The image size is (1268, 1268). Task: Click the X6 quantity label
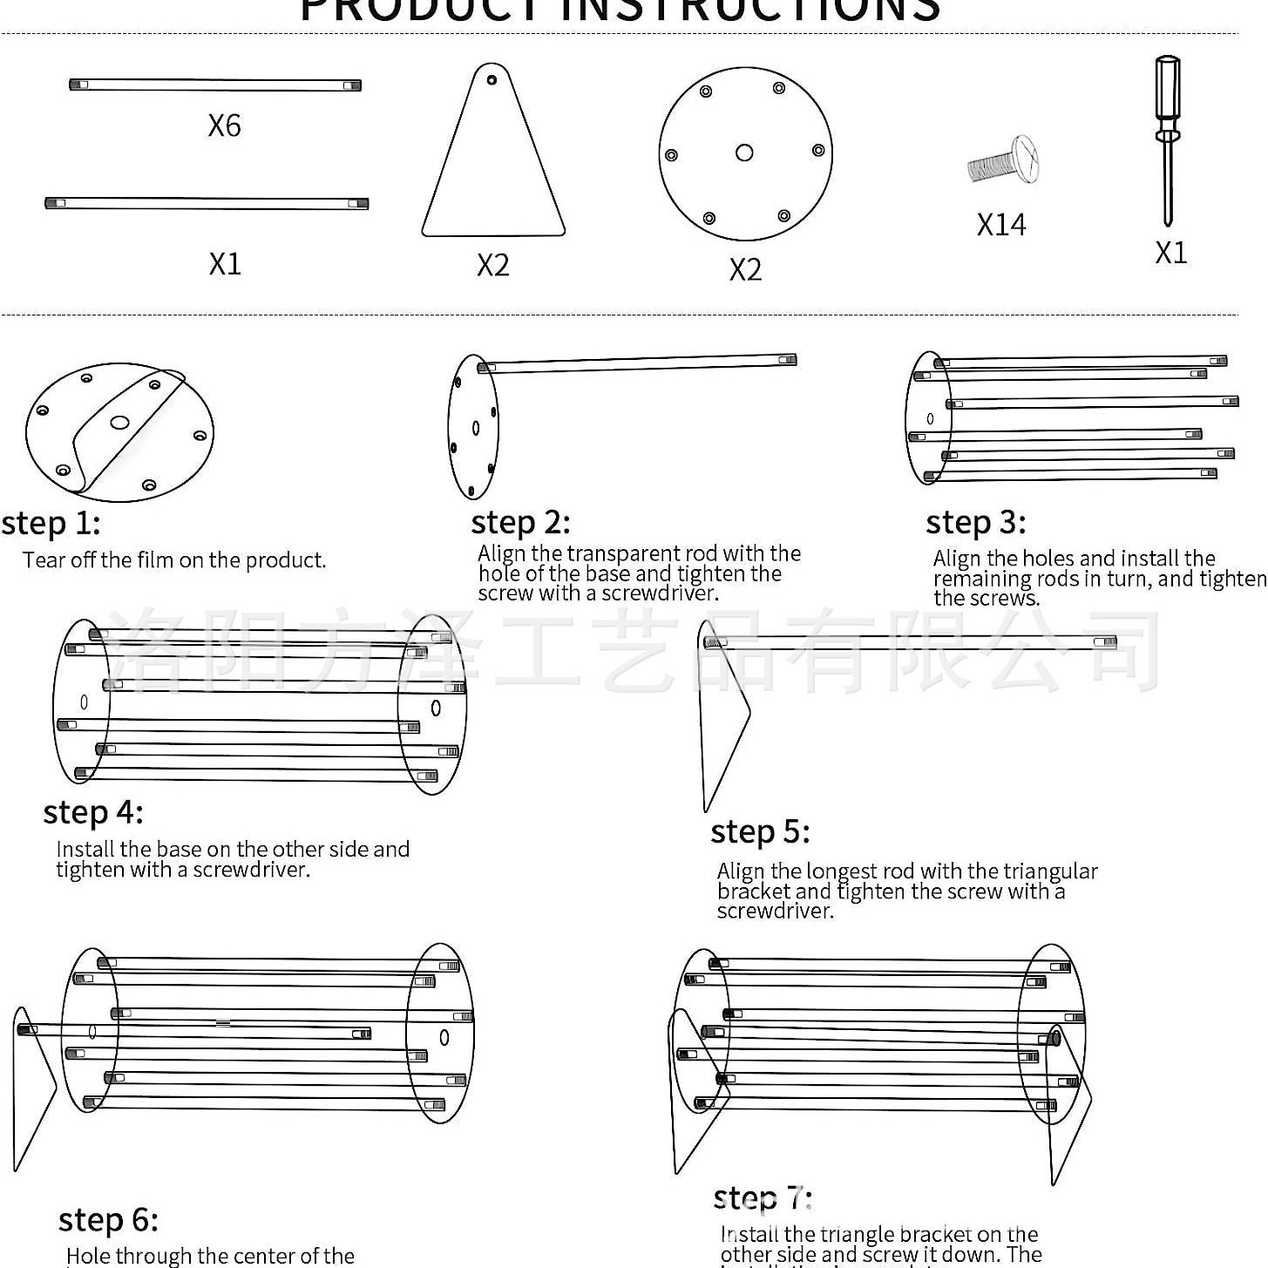[224, 125]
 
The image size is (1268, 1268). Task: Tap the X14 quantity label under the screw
[1001, 225]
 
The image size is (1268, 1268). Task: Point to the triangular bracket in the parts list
[493, 166]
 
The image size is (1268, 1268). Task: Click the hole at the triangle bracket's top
[492, 79]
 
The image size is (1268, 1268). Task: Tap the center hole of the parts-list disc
[744, 153]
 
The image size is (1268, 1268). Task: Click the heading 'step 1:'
[51, 524]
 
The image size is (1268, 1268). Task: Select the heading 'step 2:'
[520, 523]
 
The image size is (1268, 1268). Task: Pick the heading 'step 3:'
[975, 523]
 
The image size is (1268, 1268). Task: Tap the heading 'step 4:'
[93, 812]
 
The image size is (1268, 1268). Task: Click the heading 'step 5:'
[760, 831]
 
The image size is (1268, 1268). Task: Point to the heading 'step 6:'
[108, 1220]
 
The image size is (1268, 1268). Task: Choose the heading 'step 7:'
[763, 1198]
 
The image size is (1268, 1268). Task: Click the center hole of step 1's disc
[119, 423]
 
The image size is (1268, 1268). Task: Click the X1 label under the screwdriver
[1170, 253]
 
